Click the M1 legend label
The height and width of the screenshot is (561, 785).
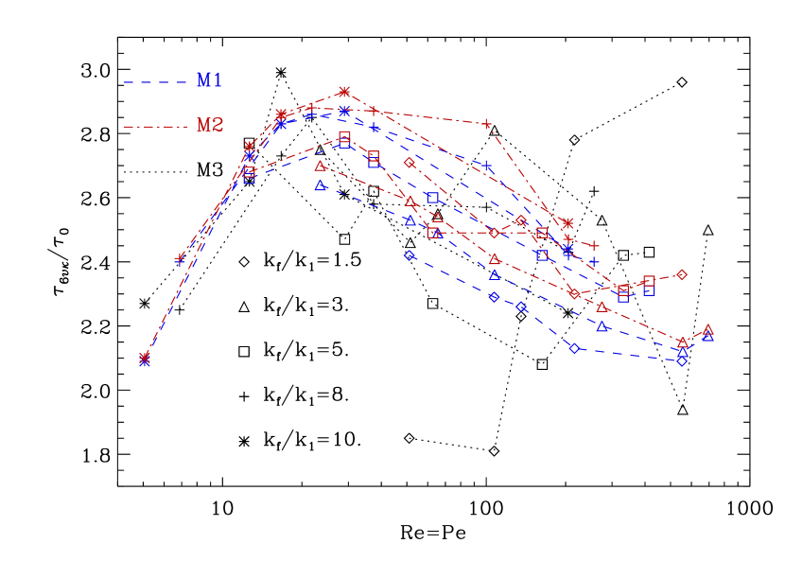(209, 80)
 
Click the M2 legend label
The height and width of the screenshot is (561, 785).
(209, 125)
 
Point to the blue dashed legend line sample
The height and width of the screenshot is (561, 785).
(156, 82)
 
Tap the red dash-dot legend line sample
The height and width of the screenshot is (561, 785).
(156, 126)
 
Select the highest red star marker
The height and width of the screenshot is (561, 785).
(344, 92)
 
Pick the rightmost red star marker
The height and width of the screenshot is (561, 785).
(567, 223)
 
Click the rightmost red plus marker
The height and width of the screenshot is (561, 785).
(594, 246)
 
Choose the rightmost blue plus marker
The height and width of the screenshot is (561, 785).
(594, 261)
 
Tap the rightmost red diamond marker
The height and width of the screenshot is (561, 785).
(681, 275)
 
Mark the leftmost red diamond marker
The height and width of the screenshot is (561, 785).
(410, 163)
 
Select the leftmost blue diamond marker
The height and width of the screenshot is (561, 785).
(410, 255)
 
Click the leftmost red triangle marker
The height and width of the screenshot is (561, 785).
(321, 166)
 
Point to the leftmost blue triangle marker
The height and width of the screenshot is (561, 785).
(321, 185)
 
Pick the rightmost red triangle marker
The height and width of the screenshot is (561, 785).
(707, 329)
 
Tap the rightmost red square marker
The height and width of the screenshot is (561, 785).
(650, 281)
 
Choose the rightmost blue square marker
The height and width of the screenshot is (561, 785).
(650, 290)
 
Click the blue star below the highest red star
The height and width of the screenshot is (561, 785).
(344, 111)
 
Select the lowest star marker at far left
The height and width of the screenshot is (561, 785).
(145, 360)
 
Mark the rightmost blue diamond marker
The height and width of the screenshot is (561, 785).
(682, 360)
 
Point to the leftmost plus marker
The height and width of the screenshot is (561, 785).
(180, 258)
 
